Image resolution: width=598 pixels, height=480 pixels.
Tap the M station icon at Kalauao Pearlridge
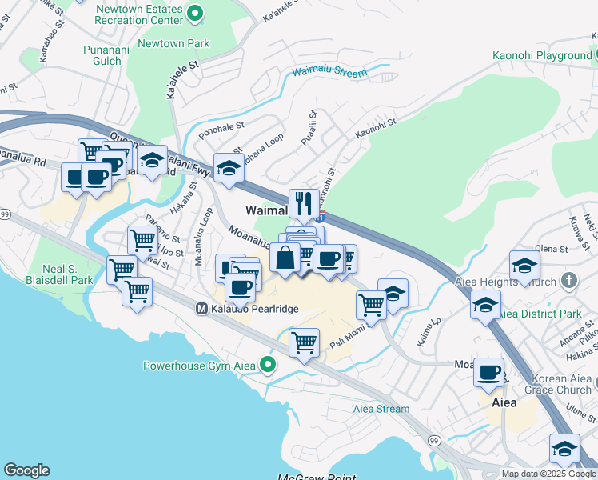click(203, 308)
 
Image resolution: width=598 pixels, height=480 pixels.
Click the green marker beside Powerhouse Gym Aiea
click(268, 366)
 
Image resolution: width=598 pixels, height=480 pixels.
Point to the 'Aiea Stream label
click(381, 409)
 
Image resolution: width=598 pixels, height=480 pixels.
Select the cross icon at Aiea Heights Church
click(568, 280)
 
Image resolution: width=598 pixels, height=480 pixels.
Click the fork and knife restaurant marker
click(303, 204)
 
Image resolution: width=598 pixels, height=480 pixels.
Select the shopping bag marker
click(285, 258)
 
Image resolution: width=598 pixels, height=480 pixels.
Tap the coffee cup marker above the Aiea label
click(488, 372)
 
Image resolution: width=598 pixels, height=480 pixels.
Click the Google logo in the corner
click(26, 470)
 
